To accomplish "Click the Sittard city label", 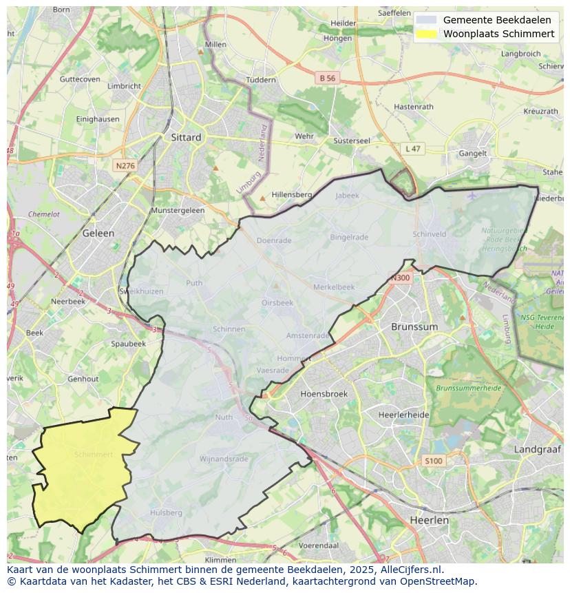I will (x=186, y=137).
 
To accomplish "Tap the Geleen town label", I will (x=98, y=233).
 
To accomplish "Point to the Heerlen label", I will (x=429, y=520).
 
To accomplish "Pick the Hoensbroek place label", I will (x=324, y=394).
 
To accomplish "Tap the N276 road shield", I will (x=125, y=166).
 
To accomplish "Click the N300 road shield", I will (x=400, y=278).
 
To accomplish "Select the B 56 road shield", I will (x=327, y=79).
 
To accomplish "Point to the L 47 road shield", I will (x=412, y=149).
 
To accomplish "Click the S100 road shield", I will (x=433, y=461).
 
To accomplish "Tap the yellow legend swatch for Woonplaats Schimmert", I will (x=427, y=34).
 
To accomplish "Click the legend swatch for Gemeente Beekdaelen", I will (x=427, y=20).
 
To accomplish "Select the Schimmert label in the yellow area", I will (x=93, y=455).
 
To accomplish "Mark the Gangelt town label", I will (x=473, y=154).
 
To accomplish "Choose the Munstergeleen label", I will (x=178, y=210).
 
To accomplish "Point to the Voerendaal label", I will (x=319, y=545).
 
